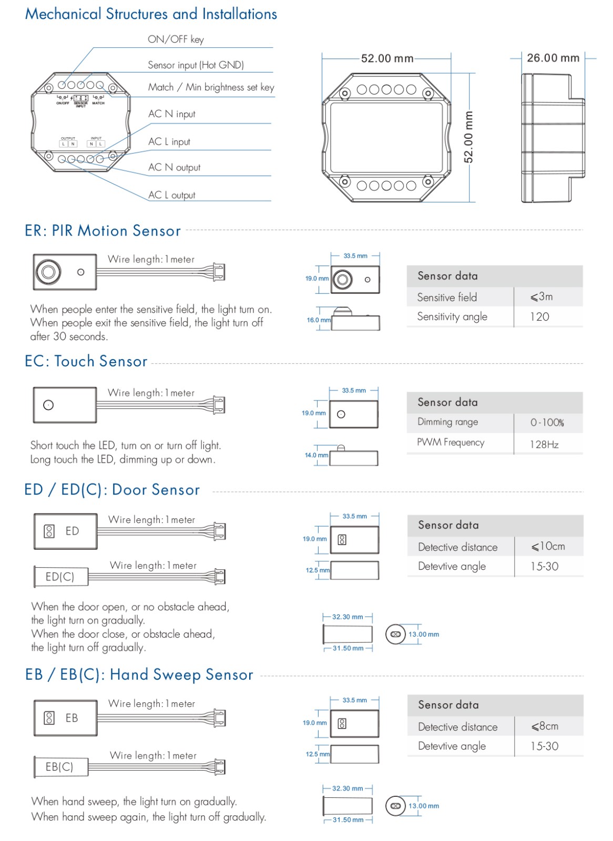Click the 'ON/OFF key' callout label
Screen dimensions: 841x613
[x=176, y=39]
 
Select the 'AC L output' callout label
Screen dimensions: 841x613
[x=171, y=195]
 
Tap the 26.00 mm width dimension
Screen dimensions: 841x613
[x=553, y=58]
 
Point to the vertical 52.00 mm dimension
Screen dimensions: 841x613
[x=468, y=137]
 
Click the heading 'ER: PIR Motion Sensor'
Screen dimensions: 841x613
[x=103, y=231]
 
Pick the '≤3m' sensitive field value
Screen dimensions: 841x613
[x=542, y=297]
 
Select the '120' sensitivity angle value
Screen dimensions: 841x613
[x=539, y=317]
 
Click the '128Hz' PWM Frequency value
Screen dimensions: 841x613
[x=544, y=445]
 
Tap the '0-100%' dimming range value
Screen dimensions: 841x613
[x=547, y=423]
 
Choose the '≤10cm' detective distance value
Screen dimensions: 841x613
[x=548, y=547]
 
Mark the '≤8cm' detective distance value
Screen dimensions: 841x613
[x=545, y=726]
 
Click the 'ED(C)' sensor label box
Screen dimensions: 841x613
[x=60, y=577]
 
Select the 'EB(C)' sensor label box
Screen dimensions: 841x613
[x=59, y=767]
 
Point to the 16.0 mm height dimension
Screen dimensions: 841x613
[x=319, y=320]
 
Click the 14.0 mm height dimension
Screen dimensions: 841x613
[x=316, y=455]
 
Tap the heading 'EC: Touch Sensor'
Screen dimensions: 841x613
[x=86, y=362]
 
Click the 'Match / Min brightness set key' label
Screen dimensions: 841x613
[x=211, y=87]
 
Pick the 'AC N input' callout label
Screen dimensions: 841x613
[x=171, y=114]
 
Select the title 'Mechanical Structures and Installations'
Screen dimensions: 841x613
[x=151, y=14]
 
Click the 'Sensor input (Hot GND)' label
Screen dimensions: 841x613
[x=196, y=65]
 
